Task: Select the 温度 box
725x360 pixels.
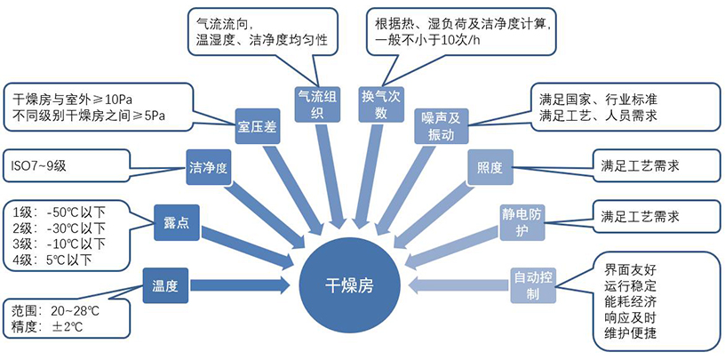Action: (x=165, y=286)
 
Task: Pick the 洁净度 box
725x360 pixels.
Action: (x=209, y=165)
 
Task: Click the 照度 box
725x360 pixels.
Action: (x=490, y=166)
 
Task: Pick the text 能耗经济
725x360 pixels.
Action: (x=632, y=301)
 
